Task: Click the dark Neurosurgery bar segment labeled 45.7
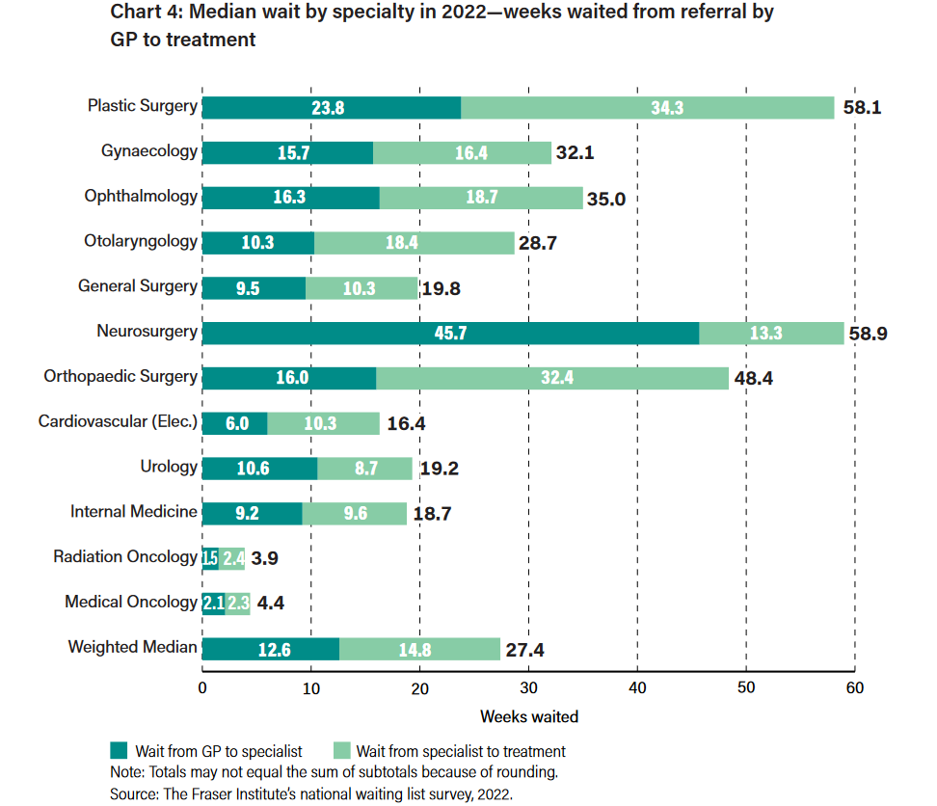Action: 451,334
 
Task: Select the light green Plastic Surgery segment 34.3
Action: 648,108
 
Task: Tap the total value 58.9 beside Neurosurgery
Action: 868,335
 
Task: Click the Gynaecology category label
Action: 149,151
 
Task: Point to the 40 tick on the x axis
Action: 637,688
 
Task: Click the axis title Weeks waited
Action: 529,716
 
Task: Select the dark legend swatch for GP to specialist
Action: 120,751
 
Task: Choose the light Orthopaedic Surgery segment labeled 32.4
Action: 552,378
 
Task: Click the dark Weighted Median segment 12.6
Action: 271,649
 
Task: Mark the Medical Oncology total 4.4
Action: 271,604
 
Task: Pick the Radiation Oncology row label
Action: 125,556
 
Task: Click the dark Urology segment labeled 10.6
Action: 259,469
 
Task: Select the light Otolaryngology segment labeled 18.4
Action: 415,243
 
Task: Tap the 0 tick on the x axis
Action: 202,688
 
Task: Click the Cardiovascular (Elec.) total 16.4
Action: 407,423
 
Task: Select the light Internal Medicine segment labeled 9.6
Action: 355,514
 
